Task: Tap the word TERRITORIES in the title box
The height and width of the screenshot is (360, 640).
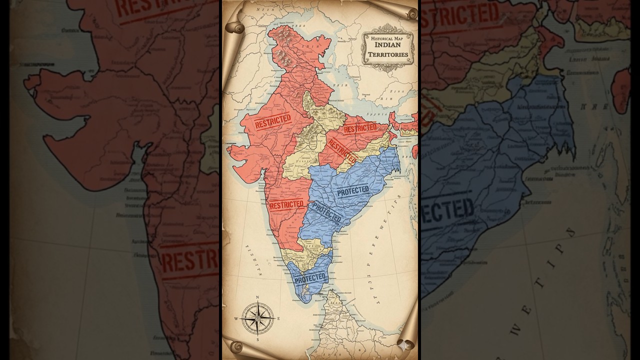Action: click(388, 54)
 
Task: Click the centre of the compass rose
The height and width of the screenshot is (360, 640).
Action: click(257, 318)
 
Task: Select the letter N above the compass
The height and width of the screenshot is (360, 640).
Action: click(257, 297)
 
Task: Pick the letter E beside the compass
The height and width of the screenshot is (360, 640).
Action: click(278, 318)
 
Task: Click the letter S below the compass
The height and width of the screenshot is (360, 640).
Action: click(257, 339)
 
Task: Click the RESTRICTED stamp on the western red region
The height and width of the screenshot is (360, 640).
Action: click(272, 121)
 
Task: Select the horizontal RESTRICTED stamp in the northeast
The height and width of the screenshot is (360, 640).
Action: click(360, 128)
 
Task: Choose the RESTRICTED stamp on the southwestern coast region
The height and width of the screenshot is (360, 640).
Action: click(286, 204)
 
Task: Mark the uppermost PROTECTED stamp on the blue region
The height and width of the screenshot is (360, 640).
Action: click(353, 191)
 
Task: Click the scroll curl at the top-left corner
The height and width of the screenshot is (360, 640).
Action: click(235, 27)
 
